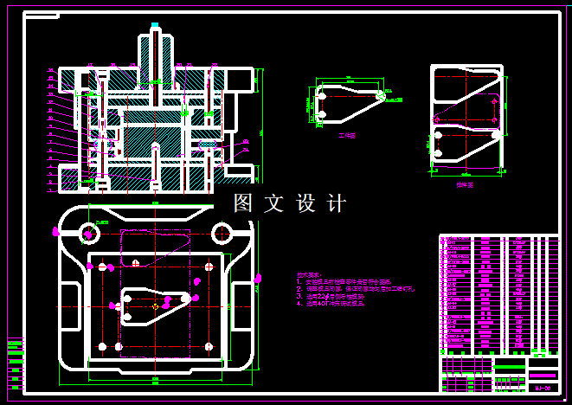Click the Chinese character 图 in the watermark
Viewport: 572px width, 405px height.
[x=243, y=203]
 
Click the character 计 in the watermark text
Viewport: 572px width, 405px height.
[x=337, y=203]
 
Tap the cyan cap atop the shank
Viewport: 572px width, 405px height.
[x=155, y=25]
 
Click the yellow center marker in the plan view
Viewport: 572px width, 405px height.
[x=155, y=305]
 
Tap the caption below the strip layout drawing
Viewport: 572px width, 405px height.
[x=465, y=184]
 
